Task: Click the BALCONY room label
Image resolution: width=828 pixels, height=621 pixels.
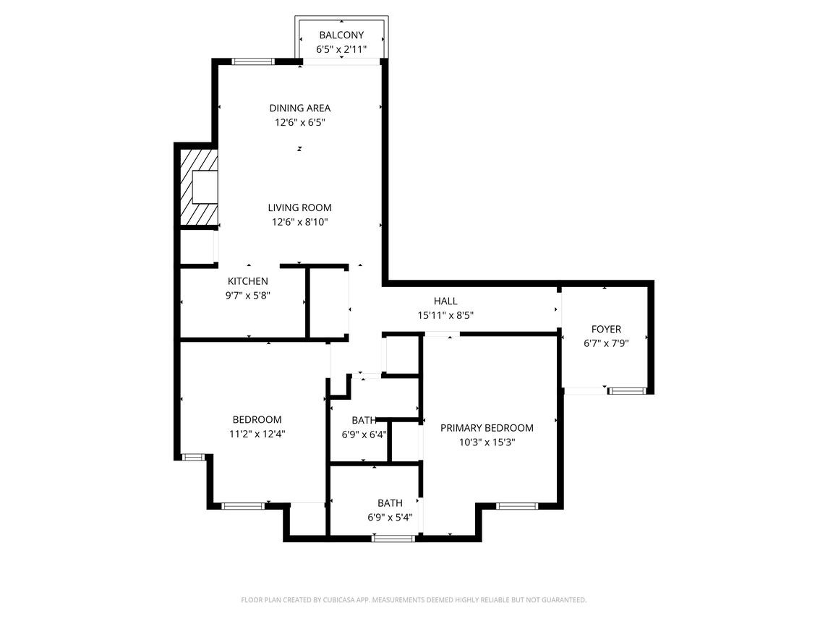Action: (341, 35)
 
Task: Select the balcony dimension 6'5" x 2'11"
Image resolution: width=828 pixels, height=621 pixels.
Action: (341, 50)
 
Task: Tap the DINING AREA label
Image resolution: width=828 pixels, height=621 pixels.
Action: (299, 108)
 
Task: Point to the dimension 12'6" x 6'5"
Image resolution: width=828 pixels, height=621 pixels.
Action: (299, 123)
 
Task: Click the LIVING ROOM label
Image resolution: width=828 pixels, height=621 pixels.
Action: (299, 207)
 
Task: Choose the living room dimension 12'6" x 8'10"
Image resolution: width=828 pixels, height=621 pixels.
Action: (299, 223)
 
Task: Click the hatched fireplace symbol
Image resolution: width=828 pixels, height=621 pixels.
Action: (198, 187)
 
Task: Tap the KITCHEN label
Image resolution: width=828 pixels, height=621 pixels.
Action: (248, 281)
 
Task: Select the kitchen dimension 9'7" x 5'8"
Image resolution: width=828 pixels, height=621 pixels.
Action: (248, 296)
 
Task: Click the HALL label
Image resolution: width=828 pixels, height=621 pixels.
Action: (445, 301)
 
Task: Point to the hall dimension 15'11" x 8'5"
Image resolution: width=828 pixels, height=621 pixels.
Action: (445, 315)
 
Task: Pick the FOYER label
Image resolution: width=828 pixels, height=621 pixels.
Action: (606, 329)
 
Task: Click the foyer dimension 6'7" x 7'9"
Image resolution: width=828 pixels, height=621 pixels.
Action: (606, 344)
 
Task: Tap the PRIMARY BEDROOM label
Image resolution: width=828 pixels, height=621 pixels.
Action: (487, 428)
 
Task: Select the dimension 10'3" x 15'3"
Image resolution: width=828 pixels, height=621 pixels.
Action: (487, 442)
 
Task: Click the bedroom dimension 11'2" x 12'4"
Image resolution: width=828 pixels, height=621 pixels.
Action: (257, 434)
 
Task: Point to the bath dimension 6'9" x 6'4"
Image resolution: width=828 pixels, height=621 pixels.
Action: (364, 435)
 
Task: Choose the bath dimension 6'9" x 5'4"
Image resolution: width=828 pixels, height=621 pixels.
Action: (389, 518)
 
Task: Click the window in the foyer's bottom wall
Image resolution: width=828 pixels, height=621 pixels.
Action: (626, 391)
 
